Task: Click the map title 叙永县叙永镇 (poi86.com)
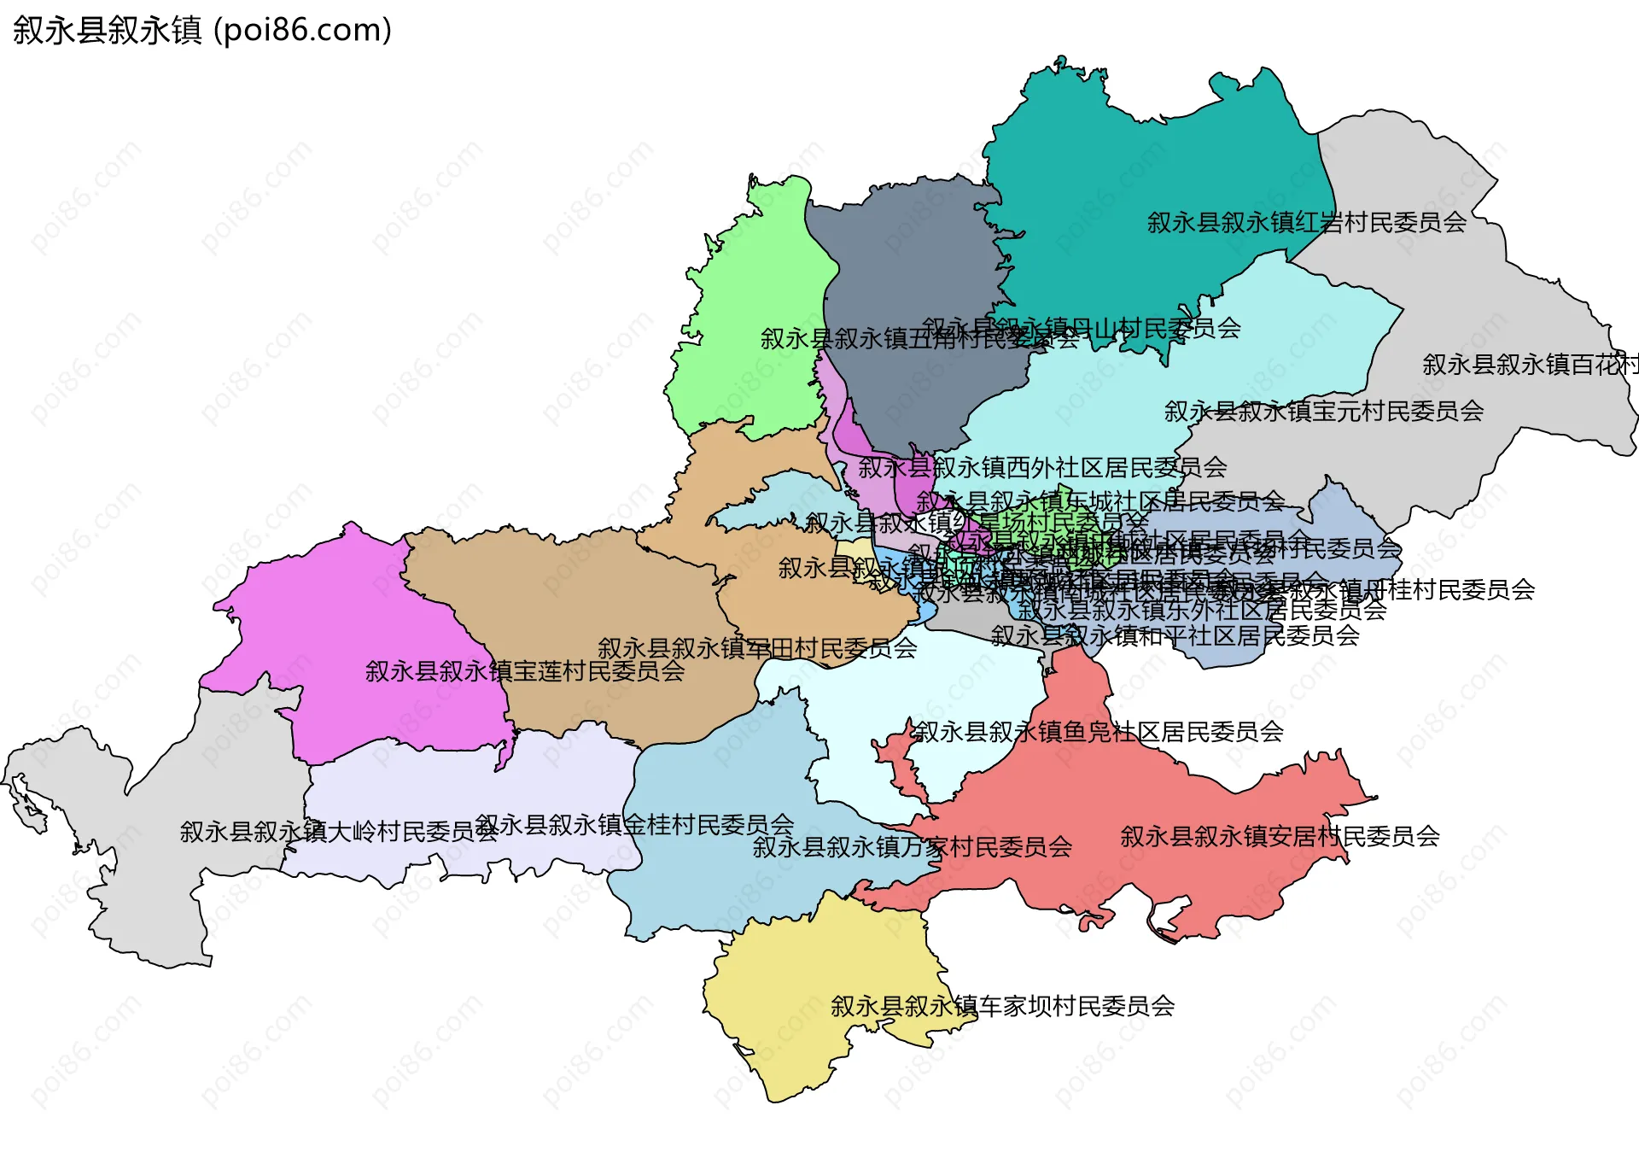pos(202,31)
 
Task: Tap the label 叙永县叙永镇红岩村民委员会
pos(1306,223)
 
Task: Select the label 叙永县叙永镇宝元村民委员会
pos(1323,412)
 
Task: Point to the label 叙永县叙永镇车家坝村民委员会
pos(1002,1006)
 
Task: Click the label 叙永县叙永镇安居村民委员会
pos(1279,836)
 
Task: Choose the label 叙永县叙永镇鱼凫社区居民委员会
pos(1099,732)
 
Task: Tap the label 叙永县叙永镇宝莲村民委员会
pos(524,671)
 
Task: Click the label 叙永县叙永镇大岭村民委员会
pos(338,832)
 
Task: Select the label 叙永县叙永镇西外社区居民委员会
pos(1041,468)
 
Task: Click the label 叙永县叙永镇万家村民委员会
pos(912,847)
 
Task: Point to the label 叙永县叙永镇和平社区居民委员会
pos(1175,636)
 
